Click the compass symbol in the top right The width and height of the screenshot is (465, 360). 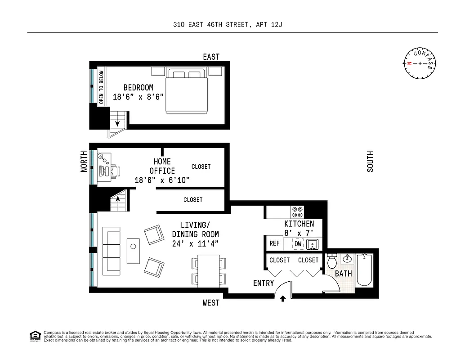point(420,63)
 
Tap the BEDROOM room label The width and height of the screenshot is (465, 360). point(138,88)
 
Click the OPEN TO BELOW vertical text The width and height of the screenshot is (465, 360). point(101,87)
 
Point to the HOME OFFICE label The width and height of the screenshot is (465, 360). point(162,166)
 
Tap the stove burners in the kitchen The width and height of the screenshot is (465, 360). point(297,211)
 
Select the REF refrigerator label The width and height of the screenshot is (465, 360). point(274,243)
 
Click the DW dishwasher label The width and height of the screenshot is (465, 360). point(298,244)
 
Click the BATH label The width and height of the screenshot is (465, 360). point(344,274)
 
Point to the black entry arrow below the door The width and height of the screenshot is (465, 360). point(282,298)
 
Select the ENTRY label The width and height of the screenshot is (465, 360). point(264,283)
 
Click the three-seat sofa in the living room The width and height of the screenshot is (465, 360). point(111,251)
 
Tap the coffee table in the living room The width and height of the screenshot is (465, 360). point(134,251)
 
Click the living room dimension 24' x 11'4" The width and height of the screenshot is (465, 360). point(196,244)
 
